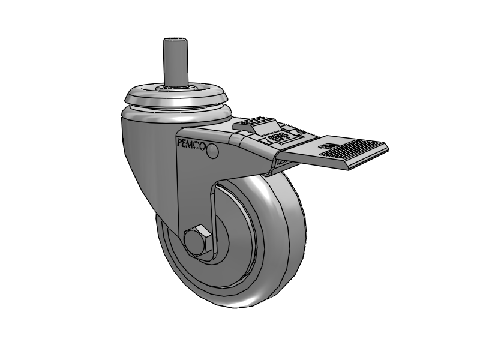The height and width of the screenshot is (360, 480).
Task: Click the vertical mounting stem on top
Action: click(x=172, y=63)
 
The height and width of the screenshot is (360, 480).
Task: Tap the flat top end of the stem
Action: click(x=172, y=40)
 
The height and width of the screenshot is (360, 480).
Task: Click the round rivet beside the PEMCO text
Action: click(x=212, y=154)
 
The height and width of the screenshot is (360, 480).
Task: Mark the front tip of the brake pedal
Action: click(x=384, y=148)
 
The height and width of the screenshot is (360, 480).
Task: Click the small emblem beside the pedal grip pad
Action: click(x=328, y=146)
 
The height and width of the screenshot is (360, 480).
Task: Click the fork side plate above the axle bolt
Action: click(x=192, y=192)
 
